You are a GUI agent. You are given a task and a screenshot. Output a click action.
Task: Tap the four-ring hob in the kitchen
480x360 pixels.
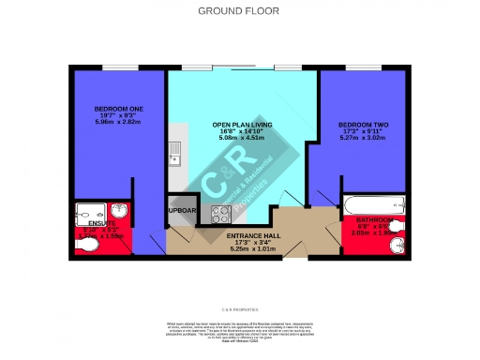coord(220,212)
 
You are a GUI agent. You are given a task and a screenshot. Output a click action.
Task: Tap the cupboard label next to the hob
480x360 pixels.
coord(182,211)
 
